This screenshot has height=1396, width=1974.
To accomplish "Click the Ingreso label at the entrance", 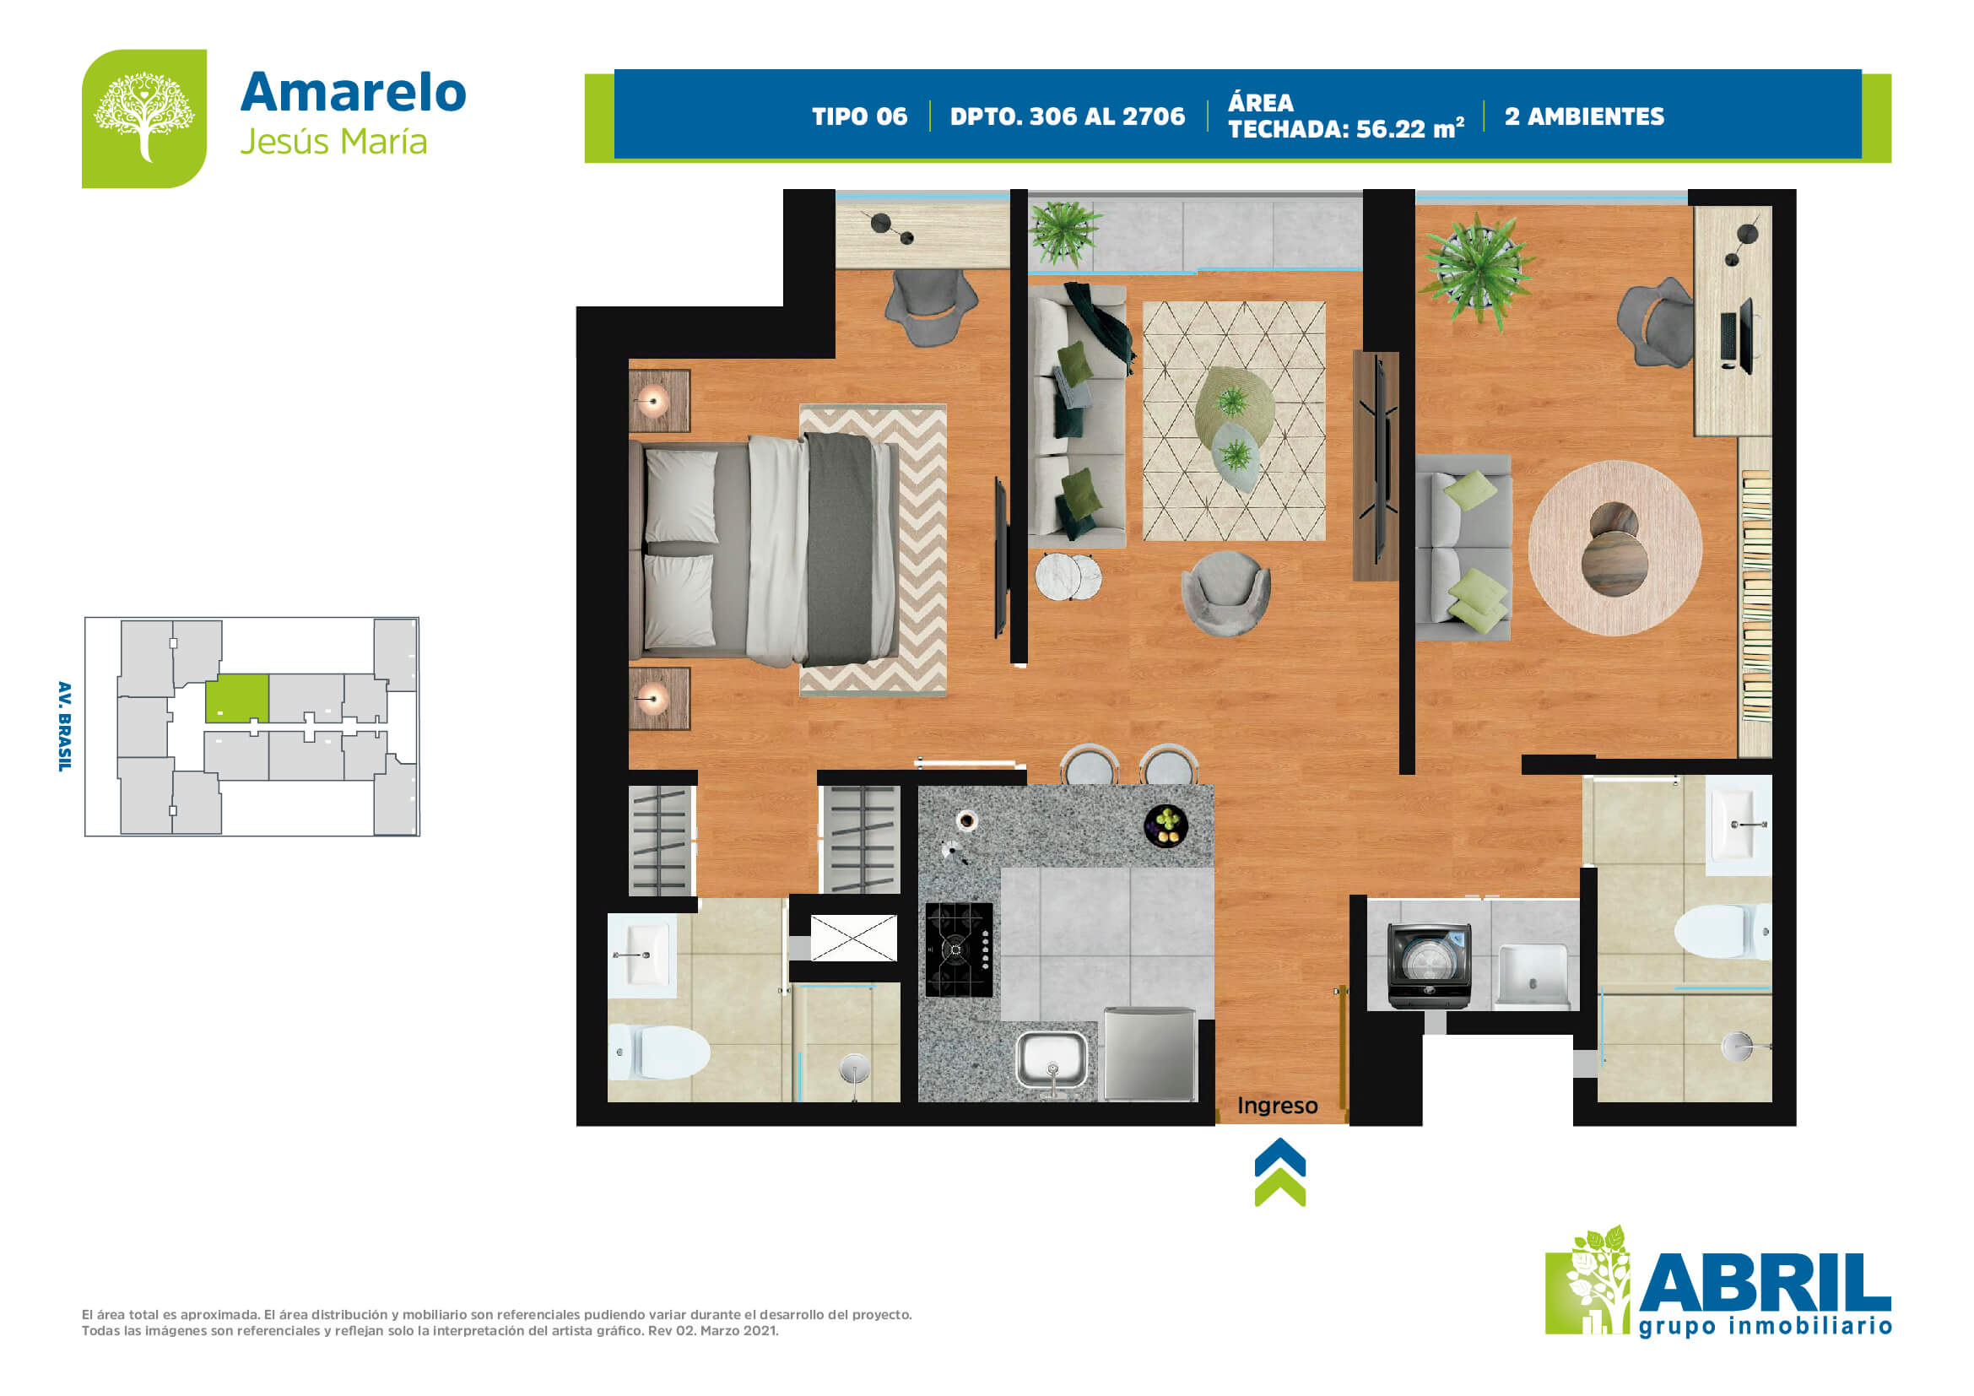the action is click(1277, 1107).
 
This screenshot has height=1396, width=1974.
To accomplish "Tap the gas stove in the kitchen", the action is click(959, 950).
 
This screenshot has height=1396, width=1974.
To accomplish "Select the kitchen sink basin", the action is click(1052, 1060).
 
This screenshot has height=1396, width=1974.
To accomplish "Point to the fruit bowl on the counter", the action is click(1166, 825).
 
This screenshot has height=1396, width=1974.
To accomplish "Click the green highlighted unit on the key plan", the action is click(237, 698).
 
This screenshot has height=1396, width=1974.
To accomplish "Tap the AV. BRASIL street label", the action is click(64, 727).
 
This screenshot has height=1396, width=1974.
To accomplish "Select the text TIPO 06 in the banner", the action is click(860, 116).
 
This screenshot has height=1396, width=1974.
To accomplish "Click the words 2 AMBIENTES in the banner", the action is click(1585, 116).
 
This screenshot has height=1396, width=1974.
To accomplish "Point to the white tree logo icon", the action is click(144, 116).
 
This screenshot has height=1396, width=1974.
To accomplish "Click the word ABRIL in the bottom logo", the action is click(1766, 1283).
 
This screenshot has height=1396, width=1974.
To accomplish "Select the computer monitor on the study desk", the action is click(1737, 335).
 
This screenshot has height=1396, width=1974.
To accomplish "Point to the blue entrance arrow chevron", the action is click(1280, 1157).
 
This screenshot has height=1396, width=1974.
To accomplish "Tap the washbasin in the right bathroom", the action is click(1738, 825).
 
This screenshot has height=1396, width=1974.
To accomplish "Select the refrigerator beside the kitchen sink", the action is click(1149, 1054).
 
